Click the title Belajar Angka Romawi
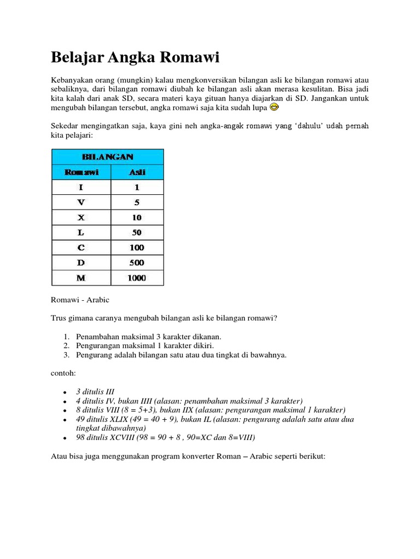[135, 57]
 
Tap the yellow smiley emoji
[275, 108]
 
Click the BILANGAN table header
[108, 157]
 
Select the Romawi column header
[81, 172]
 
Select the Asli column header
[137, 172]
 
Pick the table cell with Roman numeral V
[81, 202]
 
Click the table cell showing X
[81, 217]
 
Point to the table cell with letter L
[81, 233]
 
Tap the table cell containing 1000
[137, 278]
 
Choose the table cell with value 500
[137, 263]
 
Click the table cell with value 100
[137, 247]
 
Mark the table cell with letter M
[81, 278]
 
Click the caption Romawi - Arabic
[80, 300]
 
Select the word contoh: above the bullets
[63, 373]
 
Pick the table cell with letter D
[81, 263]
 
